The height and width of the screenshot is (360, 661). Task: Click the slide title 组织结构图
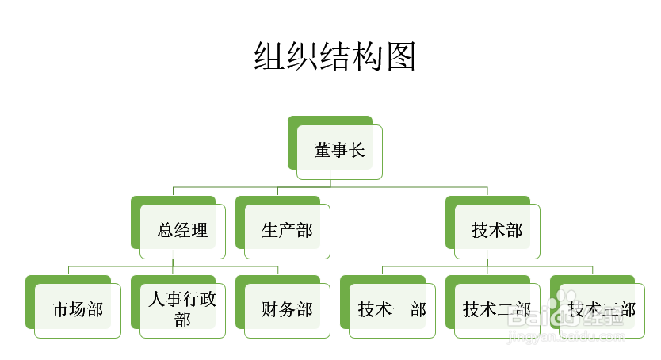tap(335, 58)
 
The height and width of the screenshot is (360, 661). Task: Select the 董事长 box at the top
tap(339, 151)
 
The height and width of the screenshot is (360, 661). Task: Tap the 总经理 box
tap(182, 231)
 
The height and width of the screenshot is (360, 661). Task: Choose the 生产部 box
tap(287, 231)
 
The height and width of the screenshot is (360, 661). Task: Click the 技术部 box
tap(497, 231)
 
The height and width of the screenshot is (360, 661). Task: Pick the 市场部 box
tap(78, 310)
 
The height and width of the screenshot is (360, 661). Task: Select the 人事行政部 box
tap(182, 310)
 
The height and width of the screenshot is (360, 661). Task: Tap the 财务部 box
tap(287, 310)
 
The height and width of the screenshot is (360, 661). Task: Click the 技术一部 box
tap(392, 310)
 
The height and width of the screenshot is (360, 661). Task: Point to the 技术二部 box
tap(497, 310)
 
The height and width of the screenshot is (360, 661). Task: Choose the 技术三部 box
tap(602, 310)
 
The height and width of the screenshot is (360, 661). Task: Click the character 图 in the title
tap(402, 58)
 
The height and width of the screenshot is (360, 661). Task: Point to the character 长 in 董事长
tap(357, 151)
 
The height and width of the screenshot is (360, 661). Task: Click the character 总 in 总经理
tap(166, 231)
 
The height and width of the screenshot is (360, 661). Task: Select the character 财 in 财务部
tap(270, 310)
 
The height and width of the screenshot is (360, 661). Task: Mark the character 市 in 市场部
tap(61, 310)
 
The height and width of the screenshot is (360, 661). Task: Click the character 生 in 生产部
tap(270, 231)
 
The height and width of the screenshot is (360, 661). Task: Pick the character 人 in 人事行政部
tap(157, 301)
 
